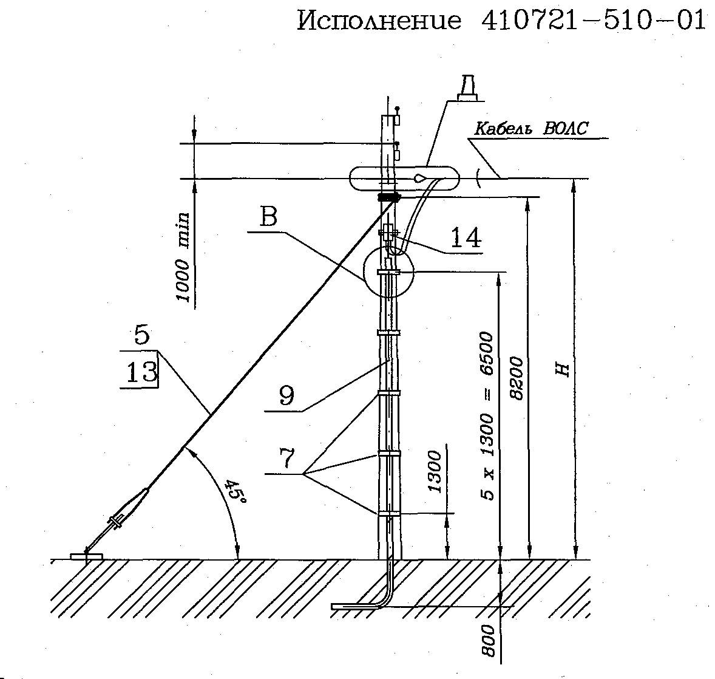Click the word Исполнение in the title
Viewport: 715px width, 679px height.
379,21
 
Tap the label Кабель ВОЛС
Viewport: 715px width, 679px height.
532,129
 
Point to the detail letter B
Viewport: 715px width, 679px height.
269,216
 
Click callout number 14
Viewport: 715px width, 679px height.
466,237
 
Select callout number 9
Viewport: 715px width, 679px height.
286,395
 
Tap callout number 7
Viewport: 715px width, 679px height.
287,458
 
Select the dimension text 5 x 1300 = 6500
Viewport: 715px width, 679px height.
487,416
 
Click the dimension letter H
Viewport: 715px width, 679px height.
564,370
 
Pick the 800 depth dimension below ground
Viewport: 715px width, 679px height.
488,640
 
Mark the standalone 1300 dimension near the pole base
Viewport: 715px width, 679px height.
435,472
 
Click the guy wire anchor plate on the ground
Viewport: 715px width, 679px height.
87,556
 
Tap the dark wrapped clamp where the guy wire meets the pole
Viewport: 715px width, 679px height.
389,197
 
